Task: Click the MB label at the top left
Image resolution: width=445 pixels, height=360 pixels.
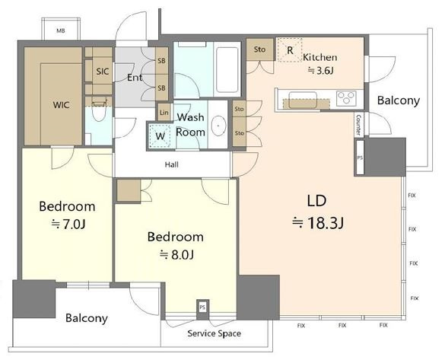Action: pos(60,30)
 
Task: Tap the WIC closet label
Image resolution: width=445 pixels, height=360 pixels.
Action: pos(62,105)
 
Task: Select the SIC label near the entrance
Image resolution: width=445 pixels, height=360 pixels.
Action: pos(103,72)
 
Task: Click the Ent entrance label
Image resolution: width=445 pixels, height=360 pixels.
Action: pos(135,77)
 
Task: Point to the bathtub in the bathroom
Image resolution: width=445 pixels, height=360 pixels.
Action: pos(227,69)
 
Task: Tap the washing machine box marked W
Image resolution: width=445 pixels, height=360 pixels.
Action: pos(160,136)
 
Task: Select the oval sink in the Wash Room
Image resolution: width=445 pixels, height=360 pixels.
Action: pos(218,126)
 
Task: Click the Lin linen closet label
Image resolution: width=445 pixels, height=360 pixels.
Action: pos(164,113)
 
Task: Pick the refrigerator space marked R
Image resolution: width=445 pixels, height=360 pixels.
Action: pos(290,50)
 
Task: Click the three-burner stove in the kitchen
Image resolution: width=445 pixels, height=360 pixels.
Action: pos(346,97)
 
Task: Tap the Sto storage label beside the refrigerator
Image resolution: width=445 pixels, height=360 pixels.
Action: pos(259,49)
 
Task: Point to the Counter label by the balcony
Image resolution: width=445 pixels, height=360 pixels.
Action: pos(358,125)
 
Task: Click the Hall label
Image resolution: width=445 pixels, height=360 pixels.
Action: pos(172,164)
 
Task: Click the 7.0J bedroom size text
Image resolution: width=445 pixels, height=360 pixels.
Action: pos(68,225)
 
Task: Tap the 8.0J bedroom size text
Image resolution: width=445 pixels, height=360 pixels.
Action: pos(176,255)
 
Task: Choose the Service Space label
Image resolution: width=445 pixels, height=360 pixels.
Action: pos(214,333)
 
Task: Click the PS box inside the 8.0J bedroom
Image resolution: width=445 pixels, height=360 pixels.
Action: pos(202,307)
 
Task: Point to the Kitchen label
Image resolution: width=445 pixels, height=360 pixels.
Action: pos(319,57)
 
